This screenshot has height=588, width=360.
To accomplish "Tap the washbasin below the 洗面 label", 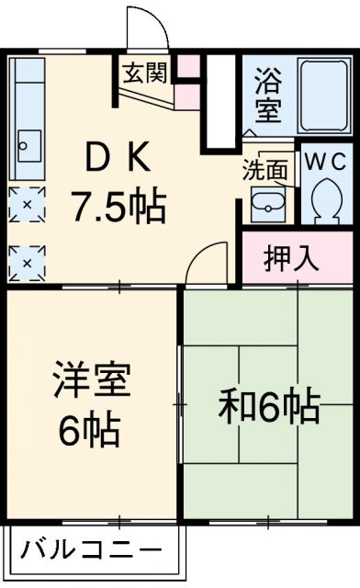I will click(x=265, y=203).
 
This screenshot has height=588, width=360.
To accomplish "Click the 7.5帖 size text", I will click(x=118, y=208).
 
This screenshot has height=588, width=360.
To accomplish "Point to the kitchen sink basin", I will click(x=28, y=145).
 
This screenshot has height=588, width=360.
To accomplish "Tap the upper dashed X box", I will click(x=27, y=204).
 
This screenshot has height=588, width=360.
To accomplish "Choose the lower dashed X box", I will click(x=27, y=264).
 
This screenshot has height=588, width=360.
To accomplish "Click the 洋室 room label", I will click(x=89, y=380).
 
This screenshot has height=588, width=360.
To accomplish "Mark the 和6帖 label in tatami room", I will click(x=268, y=406).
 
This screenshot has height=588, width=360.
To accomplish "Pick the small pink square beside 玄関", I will click(x=187, y=66).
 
